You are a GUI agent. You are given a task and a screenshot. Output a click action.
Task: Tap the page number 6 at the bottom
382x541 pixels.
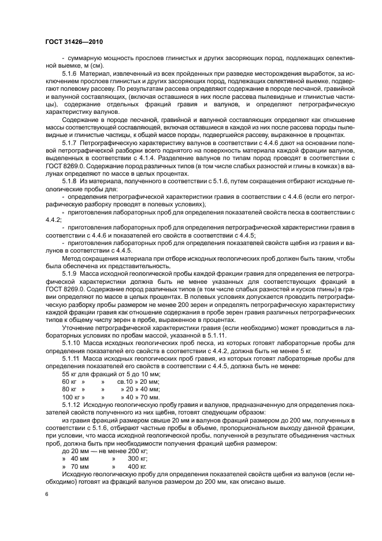tap(47, 494)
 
